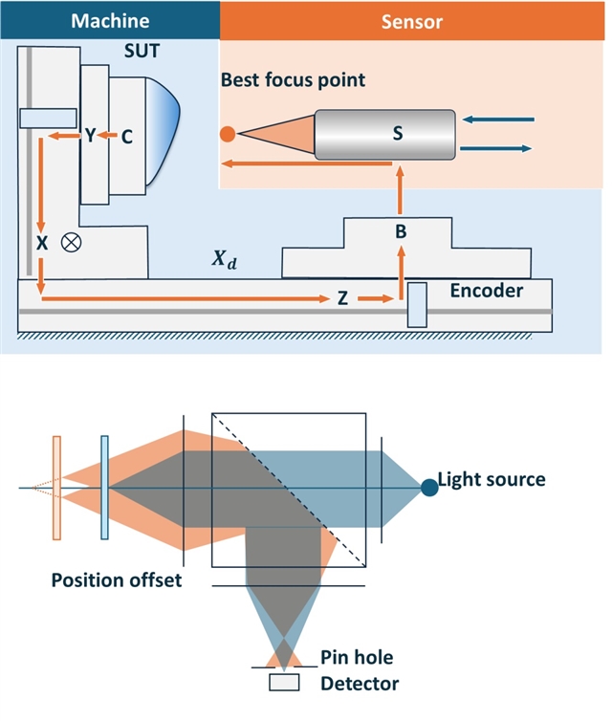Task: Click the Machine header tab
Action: pyautogui.click(x=110, y=19)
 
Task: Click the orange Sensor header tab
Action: pyautogui.click(x=414, y=19)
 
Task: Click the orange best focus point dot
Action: pyautogui.click(x=227, y=135)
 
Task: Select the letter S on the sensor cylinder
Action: pyautogui.click(x=397, y=135)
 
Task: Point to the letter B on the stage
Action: pyautogui.click(x=402, y=230)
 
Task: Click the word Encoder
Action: pyautogui.click(x=487, y=291)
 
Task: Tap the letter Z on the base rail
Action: pyautogui.click(x=341, y=299)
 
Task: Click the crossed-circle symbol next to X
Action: pyautogui.click(x=70, y=242)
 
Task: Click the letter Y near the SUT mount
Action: pyautogui.click(x=90, y=137)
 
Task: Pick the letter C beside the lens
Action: pyautogui.click(x=126, y=137)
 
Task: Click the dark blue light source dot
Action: pyautogui.click(x=429, y=488)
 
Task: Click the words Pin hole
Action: pyautogui.click(x=357, y=659)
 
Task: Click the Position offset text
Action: pyautogui.click(x=116, y=580)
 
